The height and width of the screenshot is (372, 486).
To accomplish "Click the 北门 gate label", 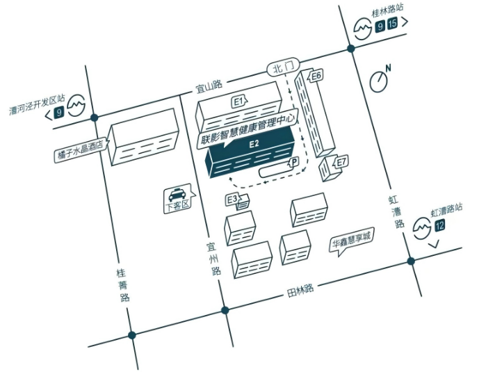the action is click(x=283, y=67).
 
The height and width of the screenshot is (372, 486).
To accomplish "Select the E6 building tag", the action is click(x=315, y=76).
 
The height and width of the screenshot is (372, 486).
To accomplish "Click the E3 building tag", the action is click(x=232, y=200).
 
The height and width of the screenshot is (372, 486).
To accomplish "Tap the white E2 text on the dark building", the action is click(x=254, y=144).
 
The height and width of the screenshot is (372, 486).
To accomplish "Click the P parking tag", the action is click(x=294, y=162).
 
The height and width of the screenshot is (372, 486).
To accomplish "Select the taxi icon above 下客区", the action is click(x=177, y=195).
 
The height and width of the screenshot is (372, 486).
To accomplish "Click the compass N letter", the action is click(x=388, y=68).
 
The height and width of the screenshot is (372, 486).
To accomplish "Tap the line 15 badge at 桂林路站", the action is click(x=392, y=24).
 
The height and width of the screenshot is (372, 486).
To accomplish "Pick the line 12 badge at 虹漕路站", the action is click(x=440, y=225).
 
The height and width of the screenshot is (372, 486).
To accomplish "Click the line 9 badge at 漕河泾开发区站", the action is click(x=58, y=112).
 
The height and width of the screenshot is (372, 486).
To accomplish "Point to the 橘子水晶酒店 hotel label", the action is click(x=80, y=150).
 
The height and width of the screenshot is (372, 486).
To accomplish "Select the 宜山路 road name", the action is click(x=209, y=87).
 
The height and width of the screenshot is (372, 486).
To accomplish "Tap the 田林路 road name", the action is click(x=300, y=290).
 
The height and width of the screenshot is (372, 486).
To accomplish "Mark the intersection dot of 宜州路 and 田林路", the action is click(x=225, y=310).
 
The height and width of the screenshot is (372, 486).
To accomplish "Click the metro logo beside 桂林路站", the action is click(x=363, y=29).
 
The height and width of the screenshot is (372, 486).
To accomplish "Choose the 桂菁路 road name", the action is click(x=123, y=285).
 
